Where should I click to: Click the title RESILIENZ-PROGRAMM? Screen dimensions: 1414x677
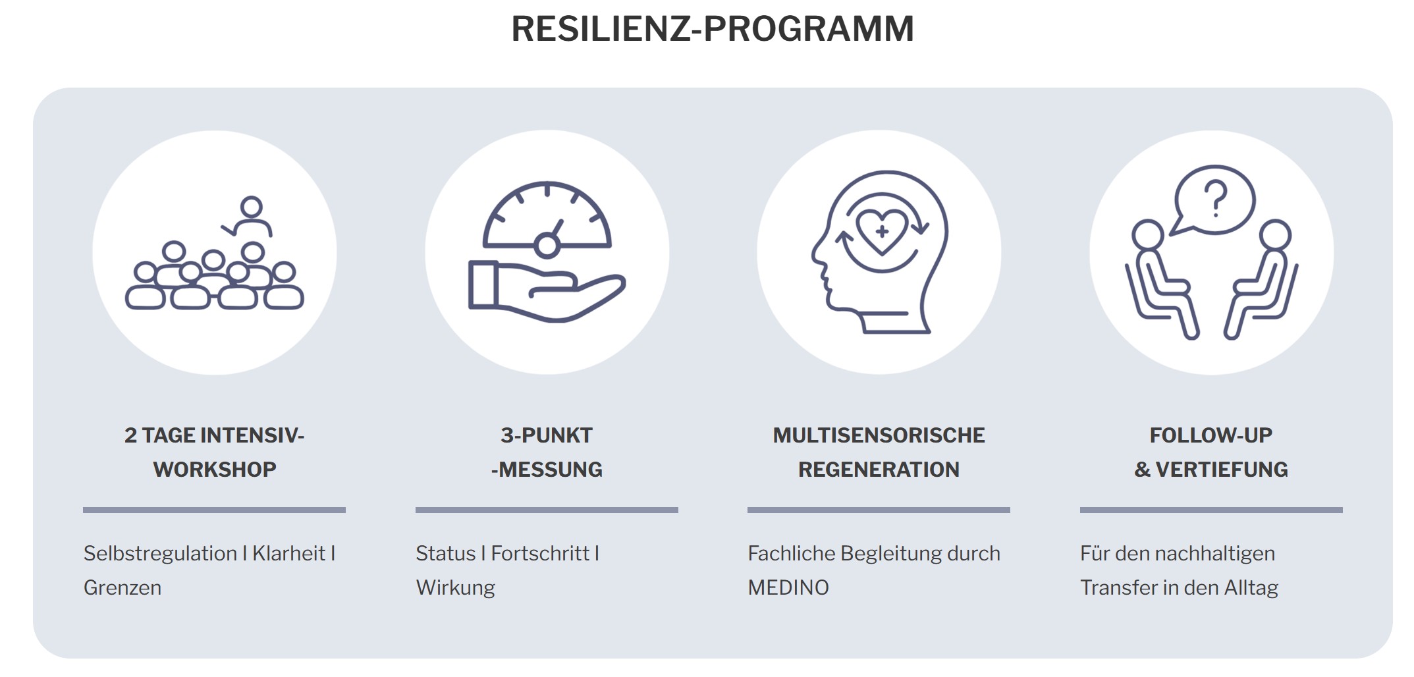(713, 29)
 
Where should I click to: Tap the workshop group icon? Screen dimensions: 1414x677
(215, 253)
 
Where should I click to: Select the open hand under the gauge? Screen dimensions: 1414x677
(547, 291)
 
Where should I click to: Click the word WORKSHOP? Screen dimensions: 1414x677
(215, 470)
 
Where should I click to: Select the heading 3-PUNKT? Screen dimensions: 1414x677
(547, 435)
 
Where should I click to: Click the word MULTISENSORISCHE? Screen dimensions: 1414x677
(879, 435)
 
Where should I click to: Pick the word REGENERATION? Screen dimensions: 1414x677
(879, 470)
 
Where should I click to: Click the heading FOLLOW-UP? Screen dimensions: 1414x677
(1211, 435)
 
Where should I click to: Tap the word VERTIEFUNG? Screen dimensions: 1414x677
(1222, 470)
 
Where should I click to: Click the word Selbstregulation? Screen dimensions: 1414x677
(160, 554)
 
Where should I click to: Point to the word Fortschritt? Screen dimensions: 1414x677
(540, 554)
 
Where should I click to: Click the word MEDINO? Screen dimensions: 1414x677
(788, 587)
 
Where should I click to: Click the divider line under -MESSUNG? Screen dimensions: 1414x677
(547, 510)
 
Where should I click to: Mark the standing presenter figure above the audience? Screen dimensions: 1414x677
(249, 216)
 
